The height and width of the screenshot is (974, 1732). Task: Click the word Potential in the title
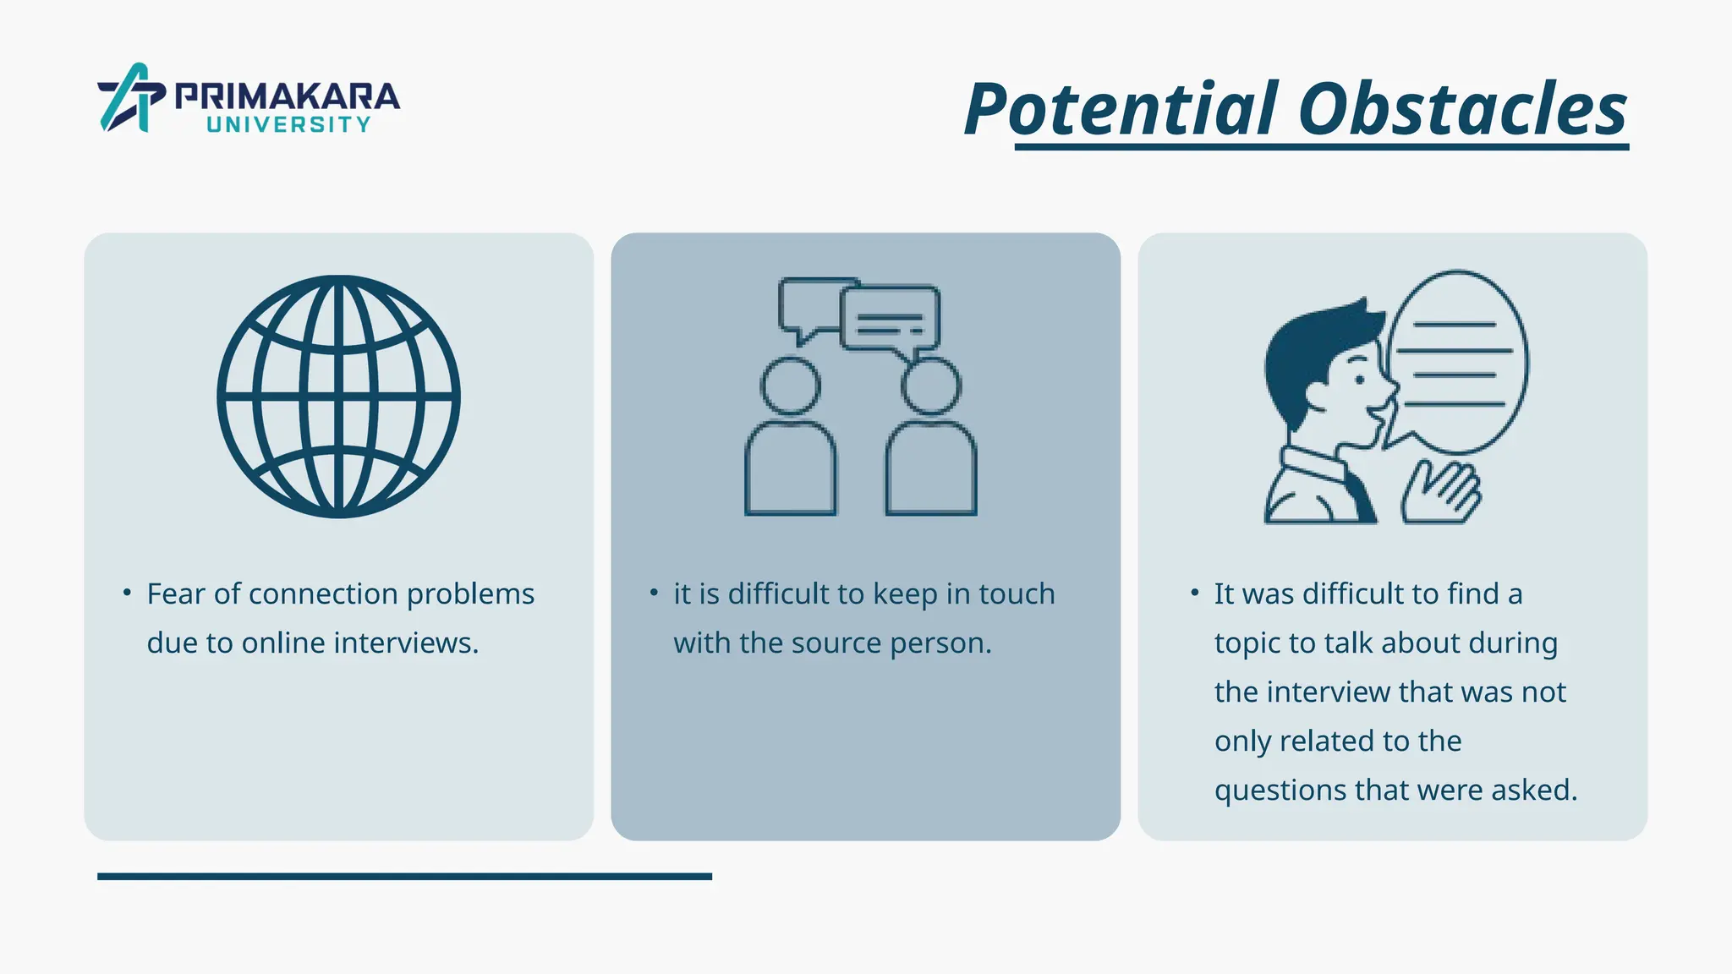[1121, 110]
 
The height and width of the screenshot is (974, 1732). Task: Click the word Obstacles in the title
[1462, 110]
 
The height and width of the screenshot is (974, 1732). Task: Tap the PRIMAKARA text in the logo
[287, 96]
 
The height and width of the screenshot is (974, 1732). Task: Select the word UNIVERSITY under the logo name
[288, 125]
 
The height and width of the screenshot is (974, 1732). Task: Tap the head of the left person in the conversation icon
[790, 386]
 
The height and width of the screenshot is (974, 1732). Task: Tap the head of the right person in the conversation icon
[930, 386]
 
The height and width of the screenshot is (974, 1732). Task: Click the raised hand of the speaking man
[1443, 493]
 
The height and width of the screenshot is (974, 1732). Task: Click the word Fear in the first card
[176, 594]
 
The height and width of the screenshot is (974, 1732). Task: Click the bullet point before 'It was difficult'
[1194, 593]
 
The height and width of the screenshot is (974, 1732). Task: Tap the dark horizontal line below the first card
[404, 877]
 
